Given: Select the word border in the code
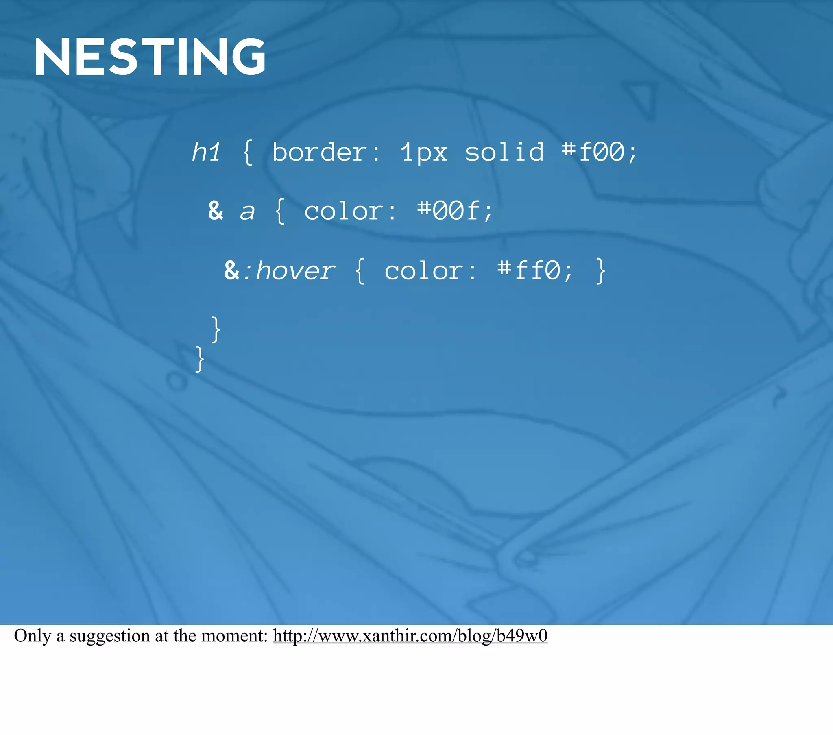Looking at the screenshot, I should (x=320, y=152).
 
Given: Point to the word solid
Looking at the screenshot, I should (x=504, y=152).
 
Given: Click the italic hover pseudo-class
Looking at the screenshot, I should (x=295, y=270).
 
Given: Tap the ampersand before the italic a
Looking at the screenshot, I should (x=216, y=211).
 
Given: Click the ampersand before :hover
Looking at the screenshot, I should (x=231, y=270).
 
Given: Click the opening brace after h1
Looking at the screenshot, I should (x=247, y=152).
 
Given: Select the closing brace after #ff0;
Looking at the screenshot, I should (x=600, y=270).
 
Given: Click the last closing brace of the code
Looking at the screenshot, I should (x=199, y=359).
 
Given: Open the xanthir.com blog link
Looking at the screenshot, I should (x=410, y=635).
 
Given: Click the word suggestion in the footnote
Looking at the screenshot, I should (x=110, y=635).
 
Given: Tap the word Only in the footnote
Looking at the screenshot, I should (x=33, y=635).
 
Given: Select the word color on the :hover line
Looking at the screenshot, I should (x=424, y=270).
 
